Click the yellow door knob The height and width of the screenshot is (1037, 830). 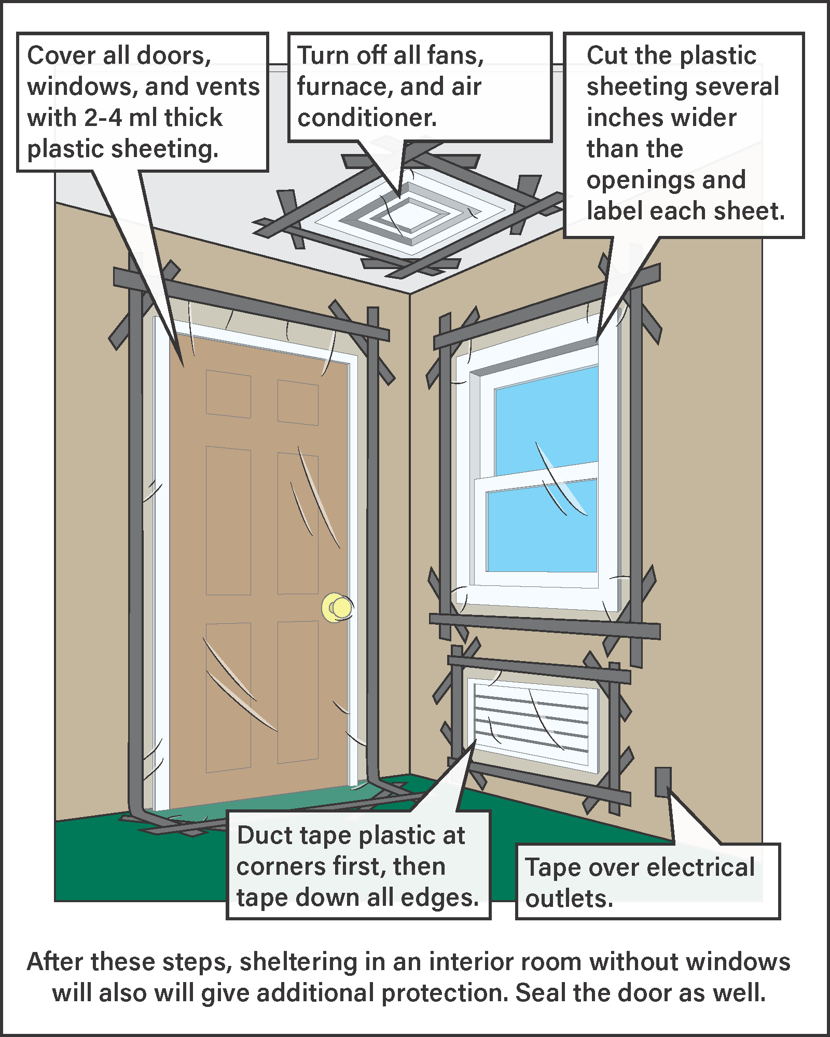tap(338, 607)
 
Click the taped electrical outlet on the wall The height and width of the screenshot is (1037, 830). tap(662, 782)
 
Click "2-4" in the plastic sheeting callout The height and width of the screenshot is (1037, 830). tap(103, 118)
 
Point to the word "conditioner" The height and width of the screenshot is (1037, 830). tap(367, 118)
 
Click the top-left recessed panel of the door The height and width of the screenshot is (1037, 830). tap(228, 394)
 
